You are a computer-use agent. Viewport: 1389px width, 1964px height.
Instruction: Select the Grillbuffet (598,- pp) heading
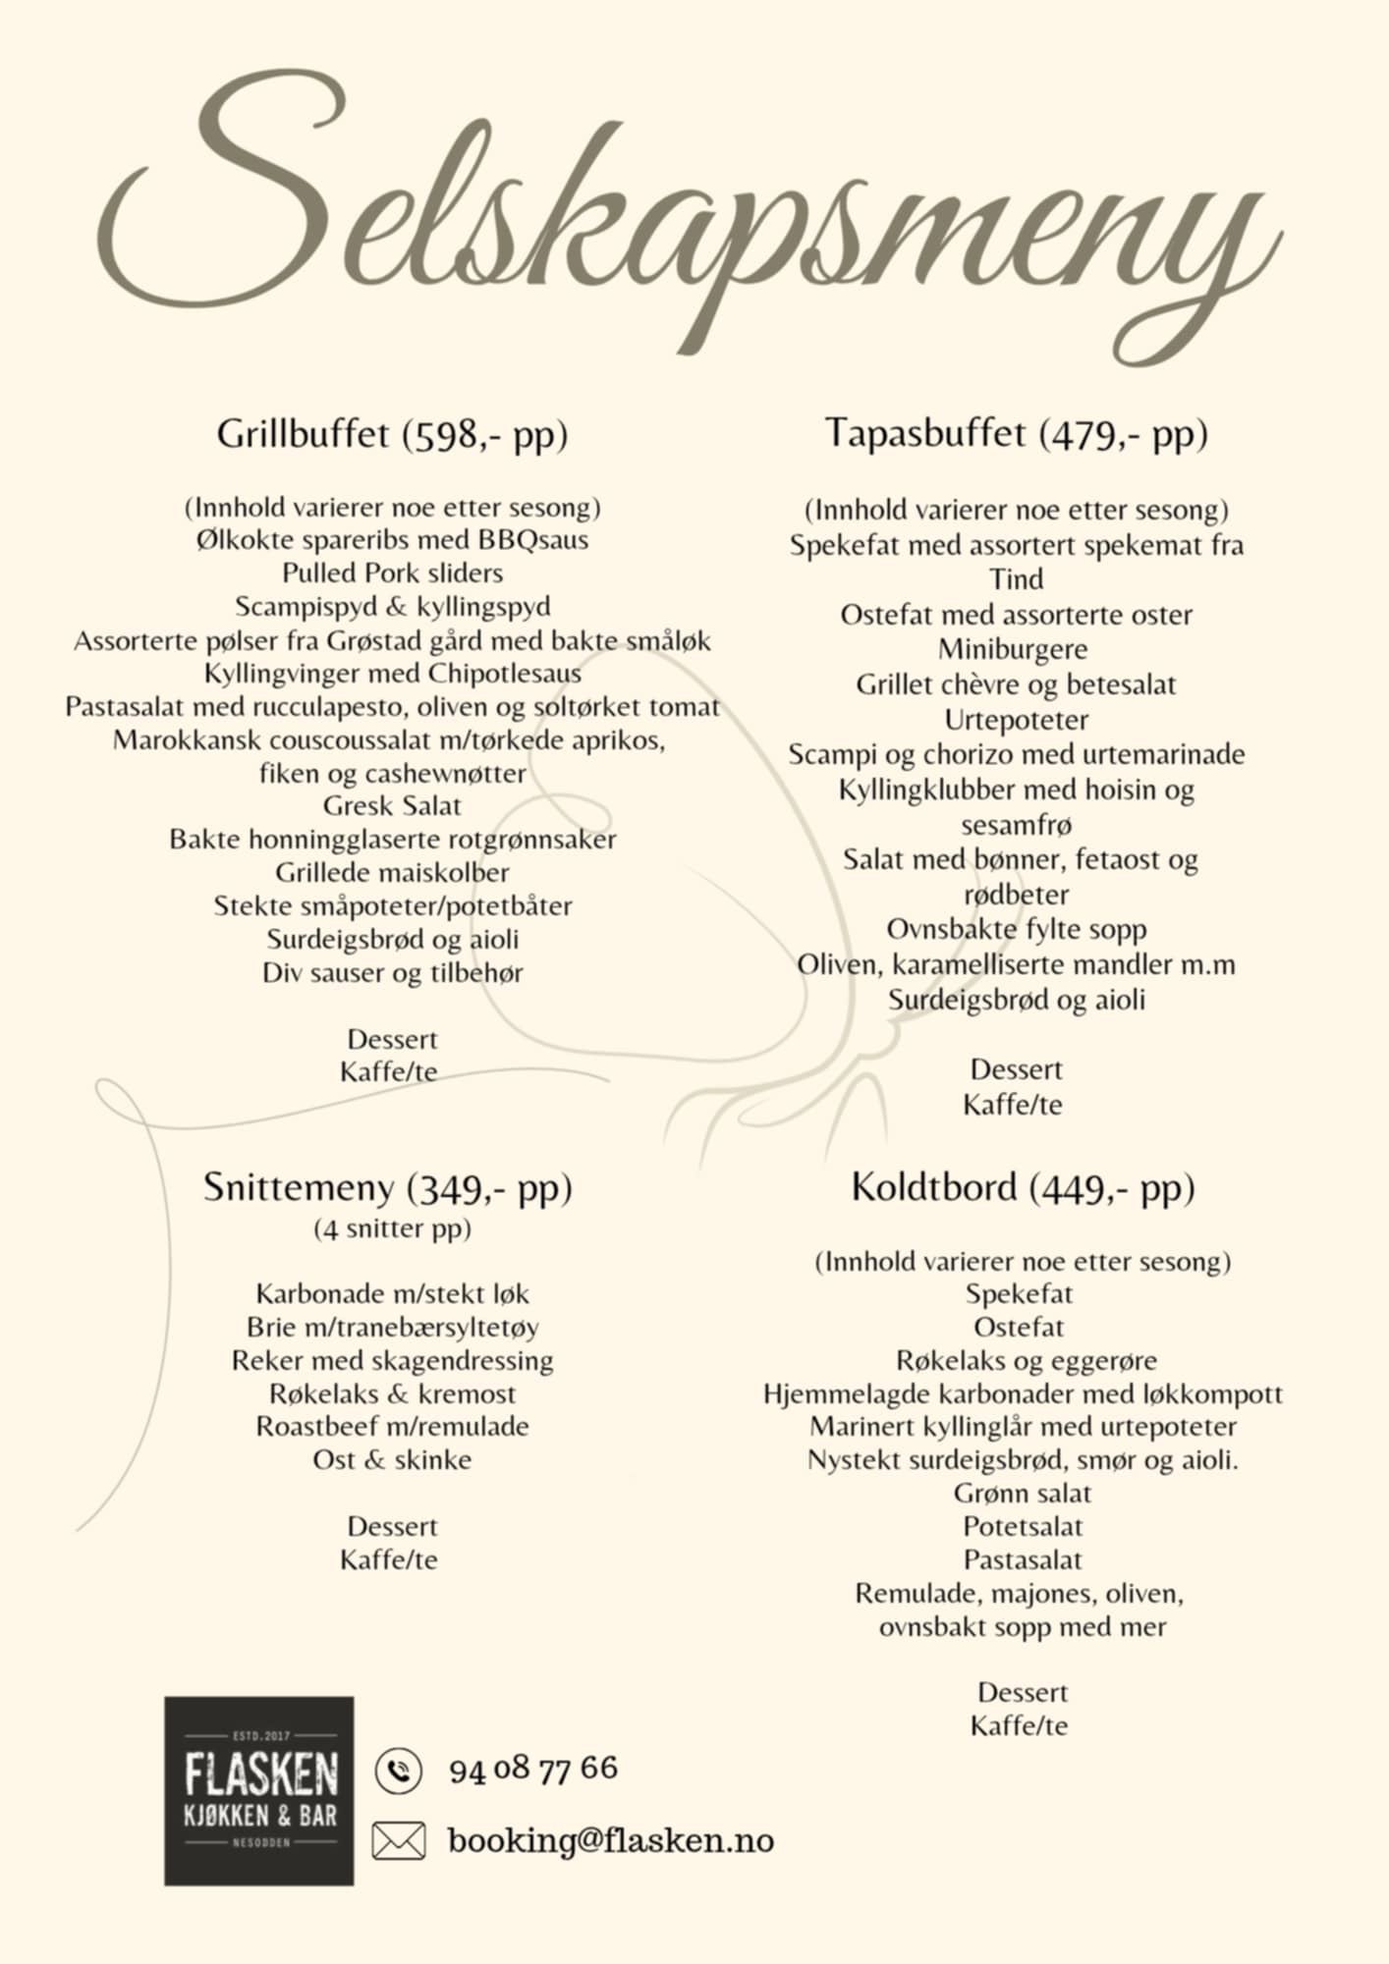coord(392,434)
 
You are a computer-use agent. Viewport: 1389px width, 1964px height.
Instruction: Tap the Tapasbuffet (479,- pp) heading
coord(1016,433)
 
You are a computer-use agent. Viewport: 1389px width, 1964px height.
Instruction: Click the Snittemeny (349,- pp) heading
coord(388,1188)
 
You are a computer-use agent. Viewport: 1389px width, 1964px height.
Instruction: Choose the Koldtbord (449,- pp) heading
coord(1023,1188)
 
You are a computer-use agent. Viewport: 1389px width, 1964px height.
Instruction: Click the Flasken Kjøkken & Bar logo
coord(259,1790)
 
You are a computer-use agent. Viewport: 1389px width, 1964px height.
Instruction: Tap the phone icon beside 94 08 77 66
coord(398,1771)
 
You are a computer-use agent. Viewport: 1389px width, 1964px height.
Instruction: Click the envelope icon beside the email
coord(398,1840)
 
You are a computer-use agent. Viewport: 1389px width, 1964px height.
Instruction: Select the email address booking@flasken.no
coord(610,1840)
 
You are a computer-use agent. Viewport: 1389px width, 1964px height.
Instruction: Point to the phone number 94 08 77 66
coord(533,1770)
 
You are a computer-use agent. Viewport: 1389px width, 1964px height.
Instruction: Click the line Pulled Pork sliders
coord(392,573)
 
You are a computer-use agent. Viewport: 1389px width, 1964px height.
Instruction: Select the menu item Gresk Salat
coord(392,806)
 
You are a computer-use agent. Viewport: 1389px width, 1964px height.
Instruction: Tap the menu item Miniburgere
coord(1013,650)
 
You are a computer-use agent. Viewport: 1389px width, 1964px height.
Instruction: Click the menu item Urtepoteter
coord(1016,720)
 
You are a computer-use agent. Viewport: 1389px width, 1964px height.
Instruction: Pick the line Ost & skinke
coord(392,1460)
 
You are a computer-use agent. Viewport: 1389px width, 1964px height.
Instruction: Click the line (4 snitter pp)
coord(392,1229)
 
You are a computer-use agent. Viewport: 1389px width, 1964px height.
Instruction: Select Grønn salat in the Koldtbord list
coord(1022,1494)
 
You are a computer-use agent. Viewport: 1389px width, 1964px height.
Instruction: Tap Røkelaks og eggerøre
coord(1026,1361)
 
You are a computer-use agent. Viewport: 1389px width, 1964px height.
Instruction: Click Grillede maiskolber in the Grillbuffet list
coord(392,873)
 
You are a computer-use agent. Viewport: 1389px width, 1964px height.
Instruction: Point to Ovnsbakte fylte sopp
coord(1016,929)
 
